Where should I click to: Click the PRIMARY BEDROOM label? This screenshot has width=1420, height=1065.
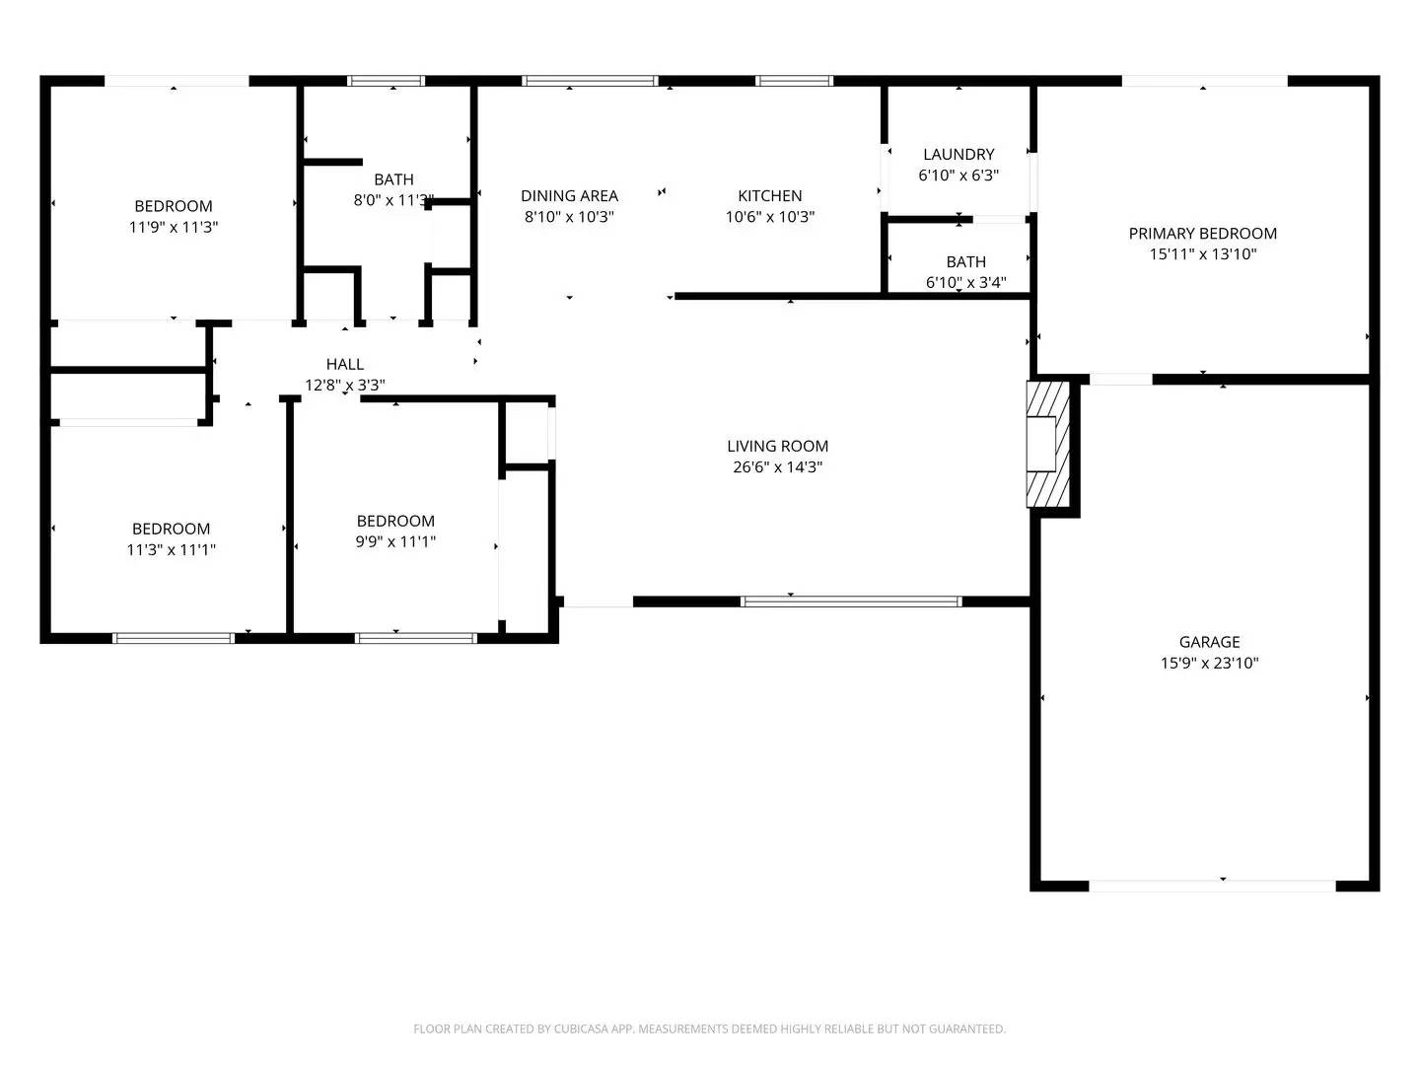point(1202,234)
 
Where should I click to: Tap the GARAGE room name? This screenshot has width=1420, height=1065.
point(1209,642)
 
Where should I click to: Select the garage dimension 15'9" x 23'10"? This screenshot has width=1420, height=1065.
point(1209,664)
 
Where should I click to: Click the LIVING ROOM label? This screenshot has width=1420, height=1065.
point(777,447)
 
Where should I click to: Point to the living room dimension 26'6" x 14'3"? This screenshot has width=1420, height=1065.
point(777,467)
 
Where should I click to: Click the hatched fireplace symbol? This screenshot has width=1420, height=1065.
point(1047,445)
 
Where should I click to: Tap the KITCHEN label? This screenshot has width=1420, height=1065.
point(770,196)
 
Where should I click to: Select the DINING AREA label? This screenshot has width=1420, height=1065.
point(569,196)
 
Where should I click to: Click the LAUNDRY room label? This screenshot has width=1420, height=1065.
point(958,155)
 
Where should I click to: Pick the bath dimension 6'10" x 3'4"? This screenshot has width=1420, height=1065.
point(965,283)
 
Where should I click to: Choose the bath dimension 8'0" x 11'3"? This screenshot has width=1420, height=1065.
point(393,200)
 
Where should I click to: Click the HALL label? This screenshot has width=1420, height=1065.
point(345,365)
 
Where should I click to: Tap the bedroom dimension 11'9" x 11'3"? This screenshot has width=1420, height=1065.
point(174,227)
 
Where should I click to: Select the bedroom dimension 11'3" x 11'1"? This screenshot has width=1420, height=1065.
point(171,550)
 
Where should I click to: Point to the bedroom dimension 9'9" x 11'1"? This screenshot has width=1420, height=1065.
point(395,541)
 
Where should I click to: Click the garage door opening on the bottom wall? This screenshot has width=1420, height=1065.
point(1212,886)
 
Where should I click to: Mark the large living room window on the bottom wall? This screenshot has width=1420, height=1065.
point(850,601)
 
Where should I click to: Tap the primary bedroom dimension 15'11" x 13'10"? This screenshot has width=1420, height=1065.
point(1202,254)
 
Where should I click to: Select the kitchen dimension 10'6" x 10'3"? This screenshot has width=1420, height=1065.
point(770,217)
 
